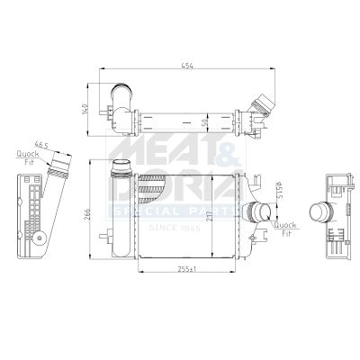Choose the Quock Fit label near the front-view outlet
click(285, 229)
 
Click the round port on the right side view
click(319, 212)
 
